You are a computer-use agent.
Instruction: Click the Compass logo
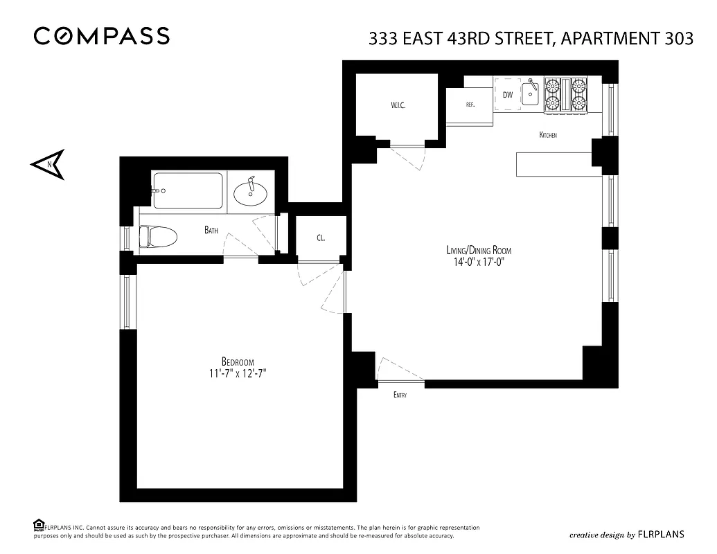point(101,36)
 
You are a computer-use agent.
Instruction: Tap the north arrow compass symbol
point(48,164)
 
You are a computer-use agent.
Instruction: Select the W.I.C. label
point(397,105)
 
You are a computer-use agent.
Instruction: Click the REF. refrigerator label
point(470,105)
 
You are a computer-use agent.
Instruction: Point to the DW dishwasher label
point(508,95)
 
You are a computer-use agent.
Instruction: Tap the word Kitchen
point(548,135)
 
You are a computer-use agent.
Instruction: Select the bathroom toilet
point(157,237)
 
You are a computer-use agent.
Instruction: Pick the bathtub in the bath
point(188,190)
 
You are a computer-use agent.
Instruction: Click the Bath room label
point(212,230)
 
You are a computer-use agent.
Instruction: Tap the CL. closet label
point(321,238)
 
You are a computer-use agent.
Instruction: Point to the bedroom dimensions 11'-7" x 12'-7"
point(238,373)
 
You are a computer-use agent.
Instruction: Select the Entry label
point(400,395)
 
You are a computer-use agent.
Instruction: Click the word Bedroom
point(238,361)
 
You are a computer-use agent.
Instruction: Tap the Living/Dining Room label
point(479,251)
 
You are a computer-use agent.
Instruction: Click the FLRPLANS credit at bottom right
point(657,534)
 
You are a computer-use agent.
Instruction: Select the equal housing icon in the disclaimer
point(39,526)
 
